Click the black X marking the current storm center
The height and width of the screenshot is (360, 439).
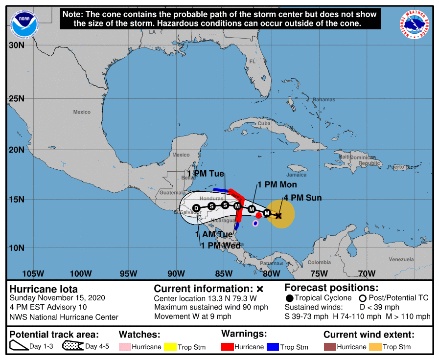coord(278,215)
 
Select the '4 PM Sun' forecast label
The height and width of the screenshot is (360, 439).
coord(302,198)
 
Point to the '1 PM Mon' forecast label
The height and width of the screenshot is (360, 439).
coord(277,184)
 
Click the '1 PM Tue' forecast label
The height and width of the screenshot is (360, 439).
coord(206,174)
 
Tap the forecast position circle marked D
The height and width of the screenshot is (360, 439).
coord(196,208)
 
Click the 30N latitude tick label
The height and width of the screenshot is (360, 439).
coord(16,45)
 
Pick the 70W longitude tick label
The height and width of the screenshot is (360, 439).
coord(367,273)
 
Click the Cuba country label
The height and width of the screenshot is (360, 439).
coord(264,124)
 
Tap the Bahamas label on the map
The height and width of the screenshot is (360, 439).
coord(324,100)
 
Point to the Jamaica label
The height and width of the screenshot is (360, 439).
coord(297,175)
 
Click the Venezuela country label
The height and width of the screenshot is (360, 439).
coord(401,259)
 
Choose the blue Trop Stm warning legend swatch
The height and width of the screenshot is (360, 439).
coord(272,347)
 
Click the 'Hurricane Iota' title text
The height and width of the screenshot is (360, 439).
coord(44,289)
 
